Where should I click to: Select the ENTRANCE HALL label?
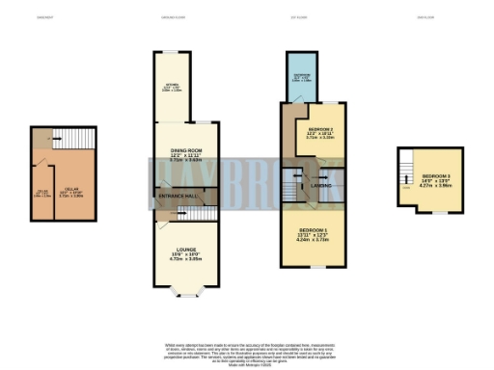click(x=177, y=196)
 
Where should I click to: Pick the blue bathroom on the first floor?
click(x=300, y=76)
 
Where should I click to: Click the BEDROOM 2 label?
click(x=321, y=129)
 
